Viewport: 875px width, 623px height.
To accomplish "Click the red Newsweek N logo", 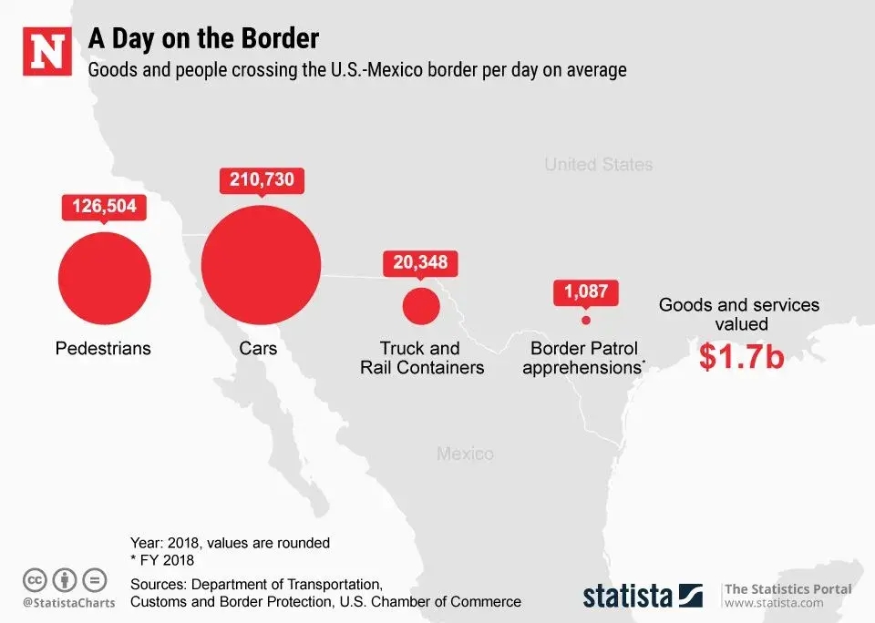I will tap(48, 51).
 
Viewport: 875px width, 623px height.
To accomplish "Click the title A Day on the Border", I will tap(203, 39).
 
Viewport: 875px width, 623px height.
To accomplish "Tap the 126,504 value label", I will tap(104, 206).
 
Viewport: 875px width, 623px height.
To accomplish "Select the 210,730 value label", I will tap(262, 179).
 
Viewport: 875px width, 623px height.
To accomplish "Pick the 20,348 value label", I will tap(420, 262).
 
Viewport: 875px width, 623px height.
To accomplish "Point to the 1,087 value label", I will tap(586, 292).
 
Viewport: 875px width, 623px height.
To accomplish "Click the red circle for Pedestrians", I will tap(105, 278).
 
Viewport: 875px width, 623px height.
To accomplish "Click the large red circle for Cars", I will tap(261, 265).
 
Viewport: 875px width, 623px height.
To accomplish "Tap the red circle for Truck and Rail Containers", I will tap(421, 305).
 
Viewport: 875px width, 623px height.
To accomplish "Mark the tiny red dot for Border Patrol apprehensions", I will tap(586, 320).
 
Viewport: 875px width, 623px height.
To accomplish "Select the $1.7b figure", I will tap(741, 357).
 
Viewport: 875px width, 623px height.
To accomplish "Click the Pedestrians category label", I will tap(103, 348).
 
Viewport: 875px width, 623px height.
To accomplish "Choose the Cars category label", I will tap(258, 348).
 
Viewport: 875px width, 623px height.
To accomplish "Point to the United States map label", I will tap(598, 165).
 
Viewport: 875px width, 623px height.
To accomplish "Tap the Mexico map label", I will tap(465, 454).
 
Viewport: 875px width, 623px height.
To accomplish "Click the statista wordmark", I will tap(628, 596).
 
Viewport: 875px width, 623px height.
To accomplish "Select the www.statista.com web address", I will tap(774, 603).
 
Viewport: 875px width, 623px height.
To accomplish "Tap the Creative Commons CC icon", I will tap(36, 579).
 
